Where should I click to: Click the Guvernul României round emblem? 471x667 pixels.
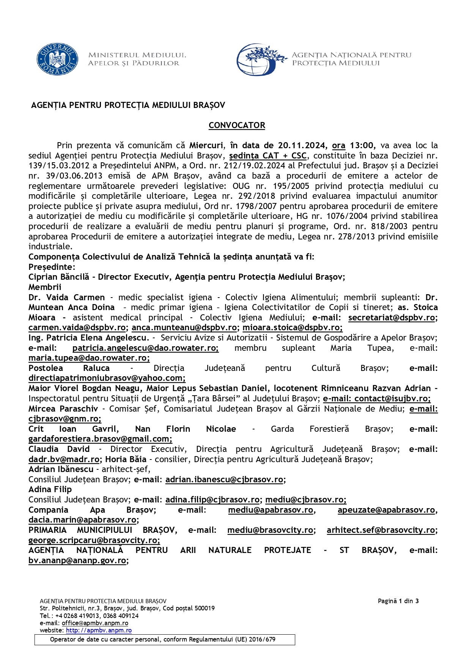pos(57,59)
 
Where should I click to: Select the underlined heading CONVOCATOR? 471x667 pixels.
pos(237,125)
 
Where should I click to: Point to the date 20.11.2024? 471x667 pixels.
pos(302,146)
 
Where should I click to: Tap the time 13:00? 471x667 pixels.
pos(362,146)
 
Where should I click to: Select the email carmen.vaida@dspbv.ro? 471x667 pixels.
pos(77,328)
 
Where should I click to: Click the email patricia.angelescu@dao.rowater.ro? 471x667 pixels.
pos(145,348)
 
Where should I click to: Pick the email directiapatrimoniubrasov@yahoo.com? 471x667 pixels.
pos(107,378)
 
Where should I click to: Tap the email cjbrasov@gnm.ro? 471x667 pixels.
pos(65,419)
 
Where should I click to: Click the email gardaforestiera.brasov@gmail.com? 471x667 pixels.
pos(100,439)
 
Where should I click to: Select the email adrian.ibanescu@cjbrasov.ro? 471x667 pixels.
pos(224,480)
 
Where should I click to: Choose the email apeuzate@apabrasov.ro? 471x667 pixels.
pos(386,510)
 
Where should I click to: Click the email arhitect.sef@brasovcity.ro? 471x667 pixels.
pos(381,530)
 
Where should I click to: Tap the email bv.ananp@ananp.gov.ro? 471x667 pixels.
pos(77,561)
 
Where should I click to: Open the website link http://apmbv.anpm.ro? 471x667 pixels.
pos(99,631)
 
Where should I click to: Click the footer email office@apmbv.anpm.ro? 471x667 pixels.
pos(95,623)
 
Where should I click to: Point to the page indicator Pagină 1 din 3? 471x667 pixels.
pos(398,601)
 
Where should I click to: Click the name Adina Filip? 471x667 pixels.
pos(50,490)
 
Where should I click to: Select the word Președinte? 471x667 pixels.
pos(51,267)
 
